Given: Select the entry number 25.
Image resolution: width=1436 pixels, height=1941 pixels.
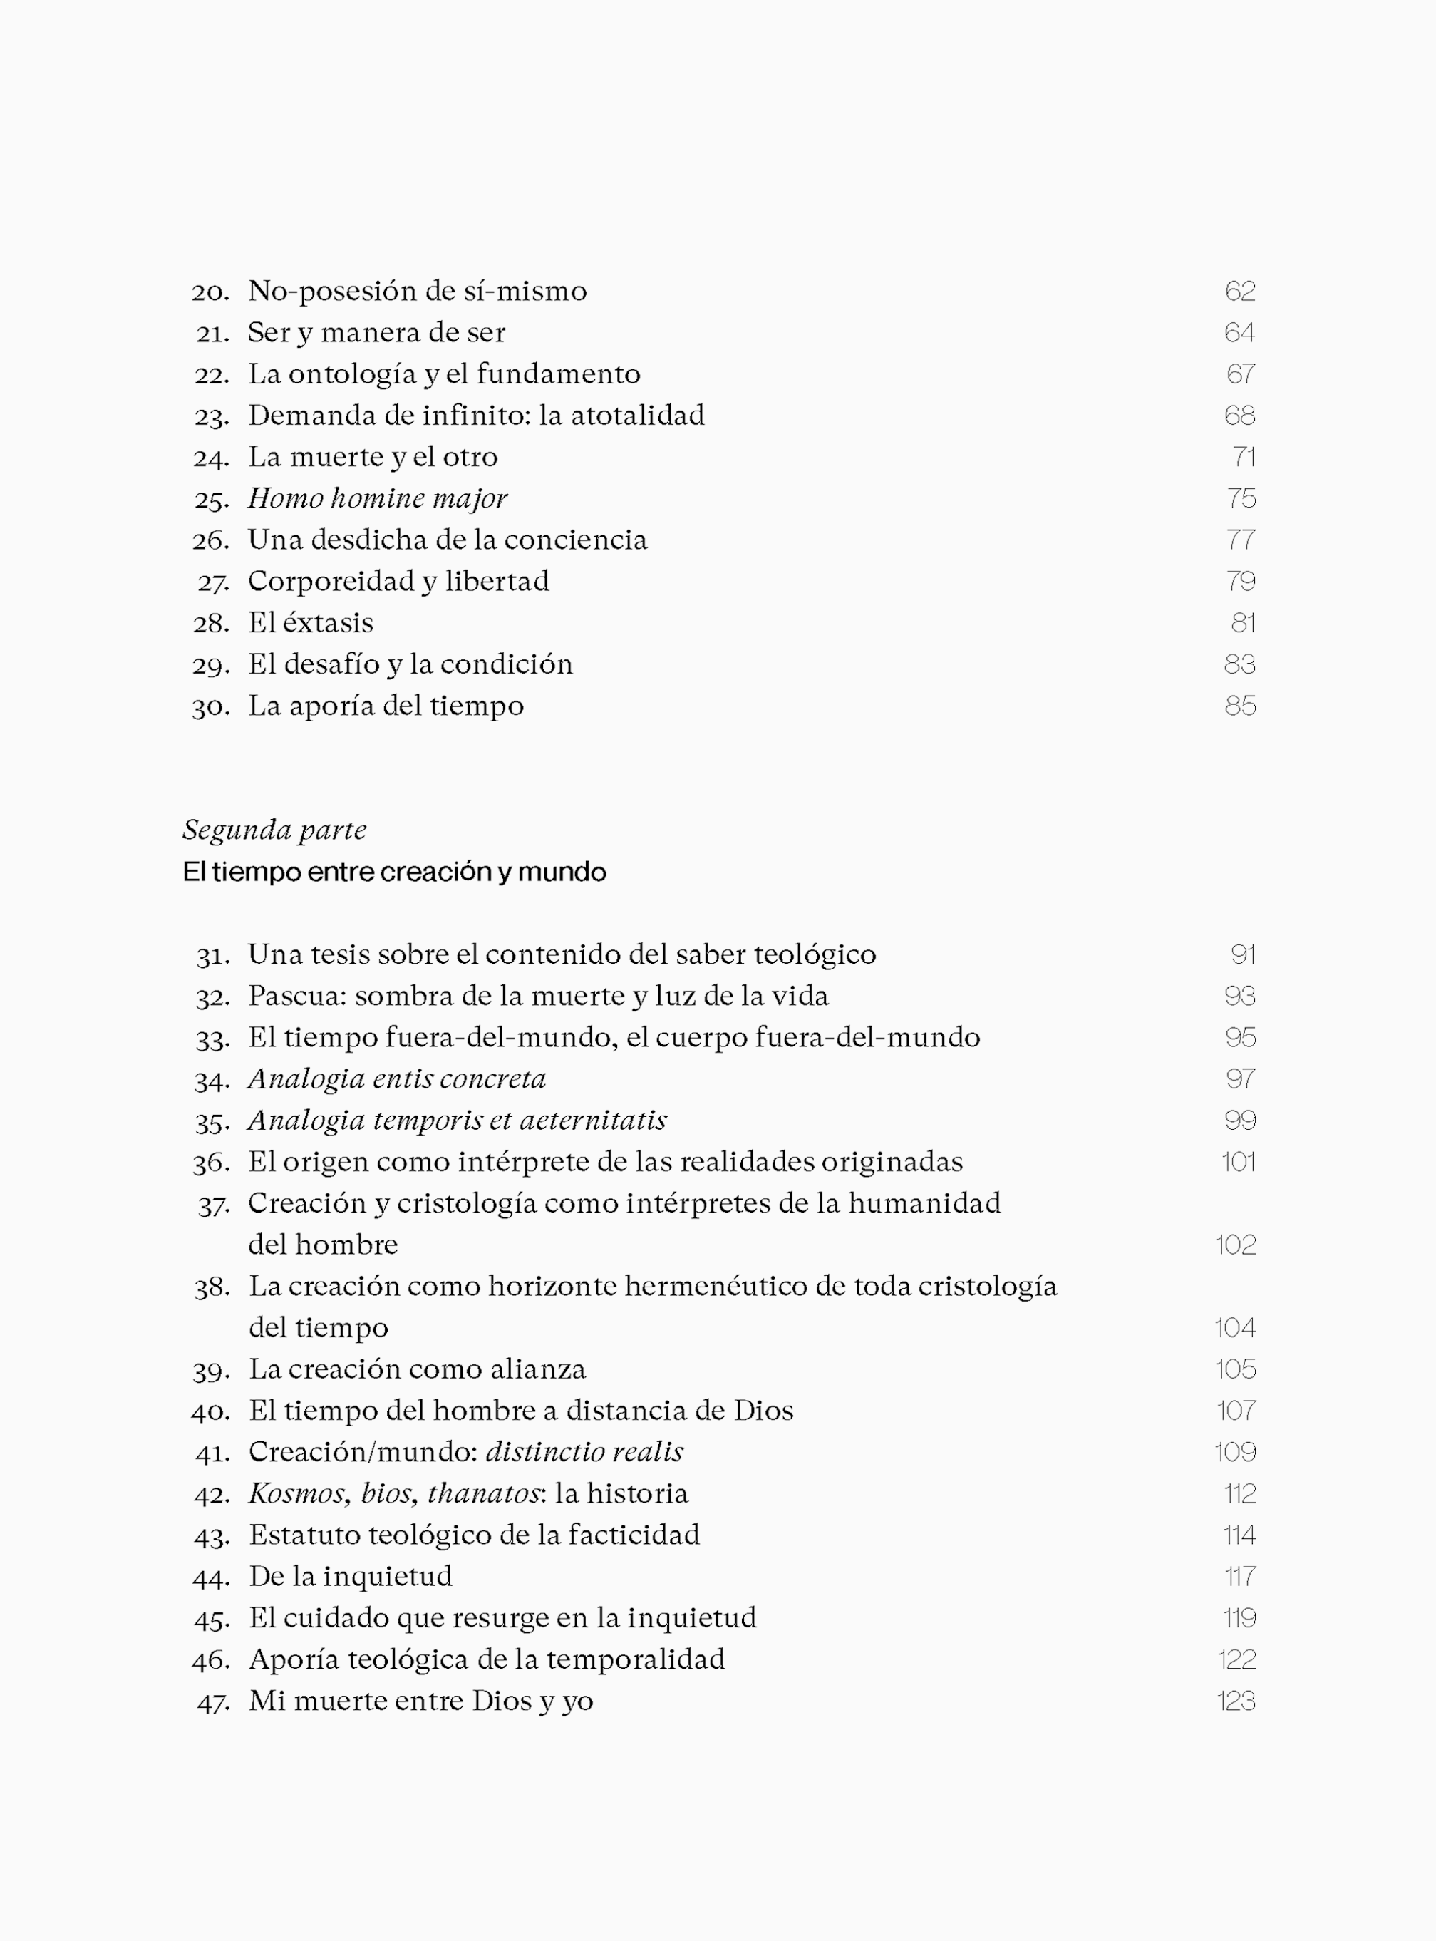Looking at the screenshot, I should pos(211,500).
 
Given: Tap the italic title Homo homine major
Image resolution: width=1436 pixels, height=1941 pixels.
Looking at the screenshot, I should pos(377,498).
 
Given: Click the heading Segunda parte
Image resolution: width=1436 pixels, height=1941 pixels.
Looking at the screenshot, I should pos(274,830).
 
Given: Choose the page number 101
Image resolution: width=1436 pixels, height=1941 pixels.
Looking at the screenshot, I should pos(1238,1162).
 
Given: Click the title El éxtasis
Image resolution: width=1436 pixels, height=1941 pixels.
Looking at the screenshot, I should pos(310,623).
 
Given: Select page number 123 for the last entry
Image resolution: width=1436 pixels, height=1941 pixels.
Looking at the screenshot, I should pos(1236,1701).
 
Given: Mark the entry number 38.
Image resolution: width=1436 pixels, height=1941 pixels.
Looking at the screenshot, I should pos(211,1288).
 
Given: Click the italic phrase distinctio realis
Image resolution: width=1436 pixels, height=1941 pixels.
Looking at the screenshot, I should pos(584,1451).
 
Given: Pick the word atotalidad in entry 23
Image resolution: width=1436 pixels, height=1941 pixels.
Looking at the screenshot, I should pos(637,416).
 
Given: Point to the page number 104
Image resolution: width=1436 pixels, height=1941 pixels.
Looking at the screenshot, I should pos(1235,1328).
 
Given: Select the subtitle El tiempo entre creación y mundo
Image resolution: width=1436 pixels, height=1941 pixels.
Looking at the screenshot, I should pos(394,872).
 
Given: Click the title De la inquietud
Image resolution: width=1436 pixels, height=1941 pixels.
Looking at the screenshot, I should pos(351,1576).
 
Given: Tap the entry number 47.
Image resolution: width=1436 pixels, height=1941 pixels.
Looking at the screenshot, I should pos(213,1703).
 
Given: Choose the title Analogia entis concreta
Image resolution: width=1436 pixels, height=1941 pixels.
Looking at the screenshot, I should pos(397,1078).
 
